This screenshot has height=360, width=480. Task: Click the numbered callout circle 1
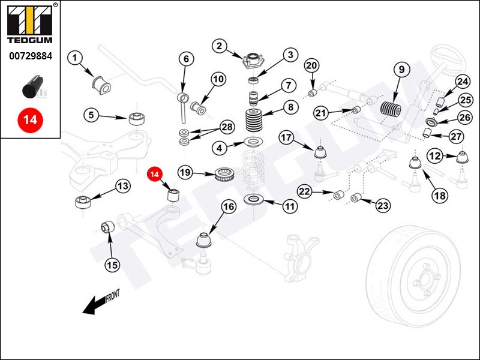point(75,58)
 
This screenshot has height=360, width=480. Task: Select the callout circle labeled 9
point(400,70)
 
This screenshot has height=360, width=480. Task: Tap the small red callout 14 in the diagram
point(155,174)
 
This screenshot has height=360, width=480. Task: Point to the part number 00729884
point(30,56)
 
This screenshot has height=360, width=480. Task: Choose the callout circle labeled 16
point(228,208)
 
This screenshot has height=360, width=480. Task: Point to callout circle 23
point(383,206)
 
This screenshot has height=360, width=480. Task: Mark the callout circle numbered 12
point(434,156)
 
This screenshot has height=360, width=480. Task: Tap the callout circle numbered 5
point(91,115)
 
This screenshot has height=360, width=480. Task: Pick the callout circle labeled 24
point(462,82)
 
